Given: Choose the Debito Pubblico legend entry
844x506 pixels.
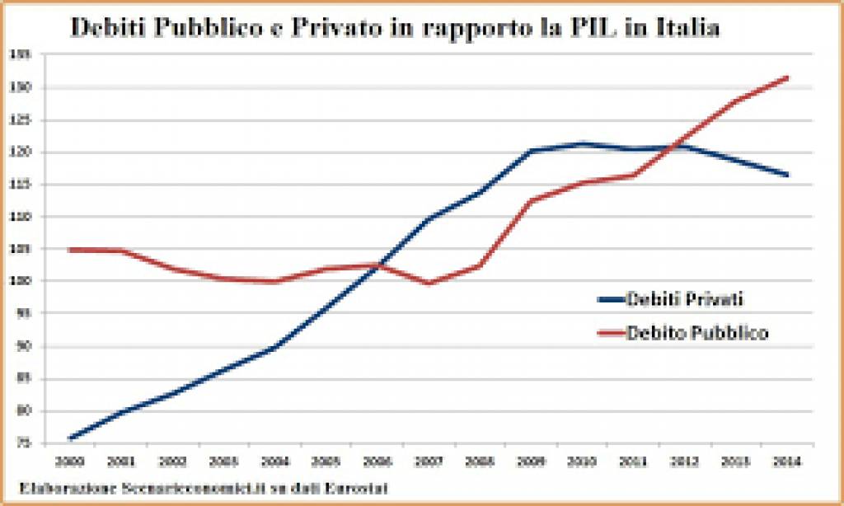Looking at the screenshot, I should point(697,333).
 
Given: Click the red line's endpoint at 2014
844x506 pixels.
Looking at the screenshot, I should point(788,77).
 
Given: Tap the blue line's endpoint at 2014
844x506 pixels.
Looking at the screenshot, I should point(788,175).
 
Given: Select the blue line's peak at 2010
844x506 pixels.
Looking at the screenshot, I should point(583,143).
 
